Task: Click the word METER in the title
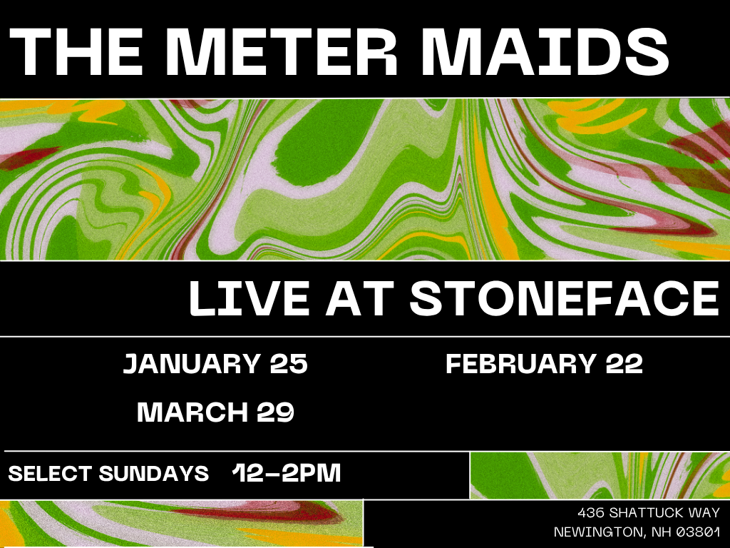click(281, 51)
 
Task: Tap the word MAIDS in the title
click(545, 51)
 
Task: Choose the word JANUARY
click(192, 363)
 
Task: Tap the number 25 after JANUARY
click(289, 363)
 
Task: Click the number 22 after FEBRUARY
click(624, 363)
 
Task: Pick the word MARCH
click(192, 412)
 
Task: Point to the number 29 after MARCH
click(276, 412)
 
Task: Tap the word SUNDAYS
click(154, 474)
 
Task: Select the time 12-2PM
click(287, 472)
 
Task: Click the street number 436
click(591, 513)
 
